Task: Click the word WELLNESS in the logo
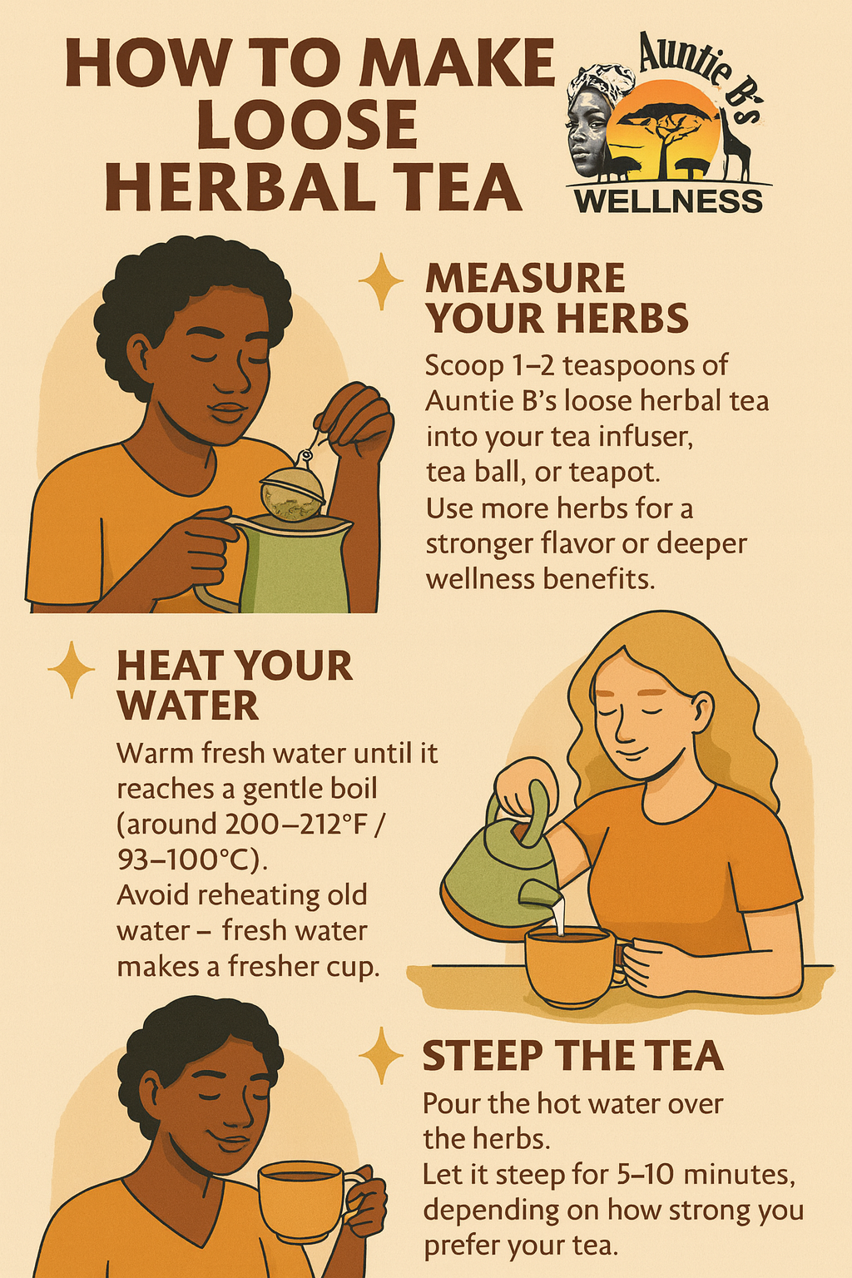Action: coord(668,201)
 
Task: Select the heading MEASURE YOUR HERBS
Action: coord(557,298)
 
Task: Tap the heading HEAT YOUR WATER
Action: coord(234,685)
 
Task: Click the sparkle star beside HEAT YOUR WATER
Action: coord(72,669)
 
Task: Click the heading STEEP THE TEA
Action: coord(572,1056)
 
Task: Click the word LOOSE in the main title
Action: coord(308,123)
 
